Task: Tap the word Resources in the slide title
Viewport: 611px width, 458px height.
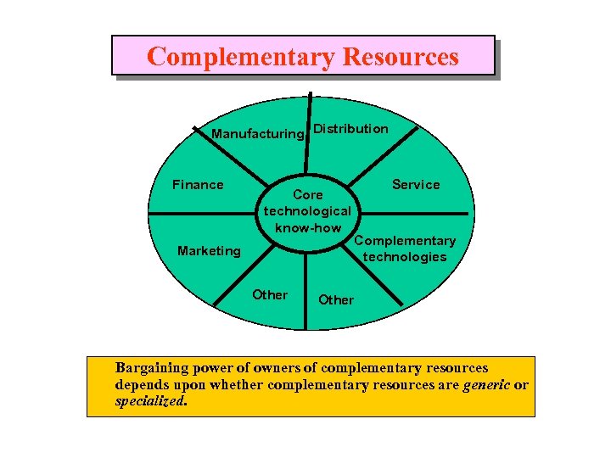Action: coord(400,57)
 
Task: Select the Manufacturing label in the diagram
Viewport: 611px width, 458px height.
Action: coord(256,134)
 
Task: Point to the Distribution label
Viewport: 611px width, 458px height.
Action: coord(350,129)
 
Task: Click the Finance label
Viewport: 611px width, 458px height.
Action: coord(198,185)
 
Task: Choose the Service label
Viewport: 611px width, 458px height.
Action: coord(416,185)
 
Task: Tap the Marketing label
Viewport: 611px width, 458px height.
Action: coord(209,251)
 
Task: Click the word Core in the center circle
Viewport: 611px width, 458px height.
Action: coord(307,195)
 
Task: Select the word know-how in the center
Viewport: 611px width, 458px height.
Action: coord(307,227)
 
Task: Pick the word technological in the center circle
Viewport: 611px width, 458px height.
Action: coord(307,211)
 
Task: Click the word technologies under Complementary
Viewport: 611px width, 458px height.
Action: coord(404,257)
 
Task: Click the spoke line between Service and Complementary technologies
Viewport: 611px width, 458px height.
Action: coord(433,213)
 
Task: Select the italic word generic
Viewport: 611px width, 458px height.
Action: coord(488,385)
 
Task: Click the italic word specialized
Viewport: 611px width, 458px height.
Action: coord(150,401)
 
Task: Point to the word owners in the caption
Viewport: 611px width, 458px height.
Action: coord(250,368)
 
